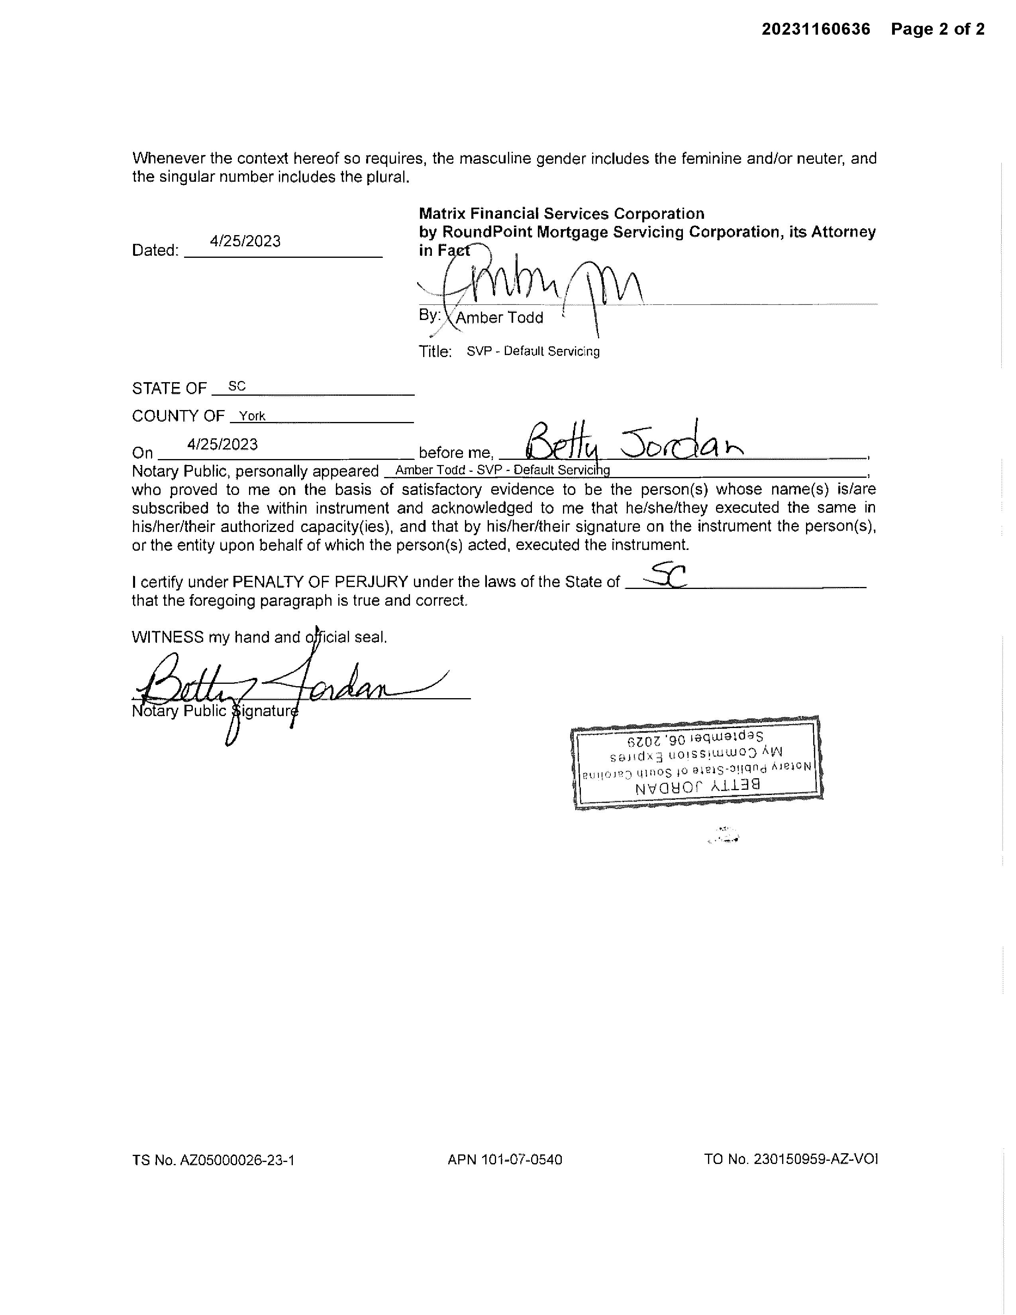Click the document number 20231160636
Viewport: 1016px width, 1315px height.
pyautogui.click(x=816, y=29)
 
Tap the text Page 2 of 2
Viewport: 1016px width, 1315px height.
pyautogui.click(x=938, y=29)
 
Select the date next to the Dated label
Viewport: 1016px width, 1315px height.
pyautogui.click(x=245, y=241)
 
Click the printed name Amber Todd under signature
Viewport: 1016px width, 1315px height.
pyautogui.click(x=500, y=318)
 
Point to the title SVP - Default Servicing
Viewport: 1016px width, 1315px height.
pyautogui.click(x=533, y=351)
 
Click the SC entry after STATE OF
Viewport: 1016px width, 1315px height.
pyautogui.click(x=237, y=387)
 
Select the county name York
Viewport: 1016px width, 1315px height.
pyautogui.click(x=252, y=416)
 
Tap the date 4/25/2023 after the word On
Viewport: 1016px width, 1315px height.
pyautogui.click(x=223, y=444)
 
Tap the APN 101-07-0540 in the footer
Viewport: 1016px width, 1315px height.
pyautogui.click(x=504, y=1160)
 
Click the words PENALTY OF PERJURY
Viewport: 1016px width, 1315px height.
pyautogui.click(x=320, y=582)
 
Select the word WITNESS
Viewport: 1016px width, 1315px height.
pyautogui.click(x=167, y=637)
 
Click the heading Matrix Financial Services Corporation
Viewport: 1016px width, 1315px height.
pyautogui.click(x=561, y=214)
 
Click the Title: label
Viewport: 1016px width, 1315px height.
pyautogui.click(x=435, y=351)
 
